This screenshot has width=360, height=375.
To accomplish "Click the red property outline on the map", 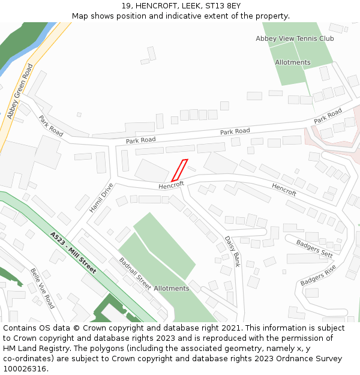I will click(179, 170).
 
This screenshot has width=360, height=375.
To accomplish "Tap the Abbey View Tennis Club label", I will click(295, 38).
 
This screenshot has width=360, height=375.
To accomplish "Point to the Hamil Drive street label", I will click(101, 198).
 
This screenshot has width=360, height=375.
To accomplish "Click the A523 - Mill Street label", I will click(73, 253).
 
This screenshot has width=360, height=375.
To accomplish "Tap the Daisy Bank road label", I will click(232, 251).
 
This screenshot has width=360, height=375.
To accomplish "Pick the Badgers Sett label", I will click(314, 248).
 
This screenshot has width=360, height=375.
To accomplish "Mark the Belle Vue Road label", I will click(42, 288).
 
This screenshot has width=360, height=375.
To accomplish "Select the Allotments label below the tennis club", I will click(293, 62).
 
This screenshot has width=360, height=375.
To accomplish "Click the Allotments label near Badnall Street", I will click(171, 289).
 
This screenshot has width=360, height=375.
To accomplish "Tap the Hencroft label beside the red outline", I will click(171, 185).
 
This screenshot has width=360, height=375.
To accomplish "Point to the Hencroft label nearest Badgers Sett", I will click(284, 190).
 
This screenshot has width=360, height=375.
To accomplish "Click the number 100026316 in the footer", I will click(25, 369).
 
